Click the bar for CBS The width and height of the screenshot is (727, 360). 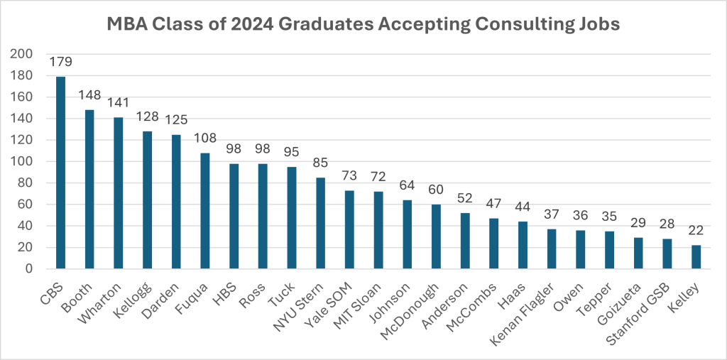[x=60, y=173]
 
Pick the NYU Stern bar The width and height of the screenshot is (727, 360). [x=320, y=223]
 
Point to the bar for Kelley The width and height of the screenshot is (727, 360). [x=696, y=257]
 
